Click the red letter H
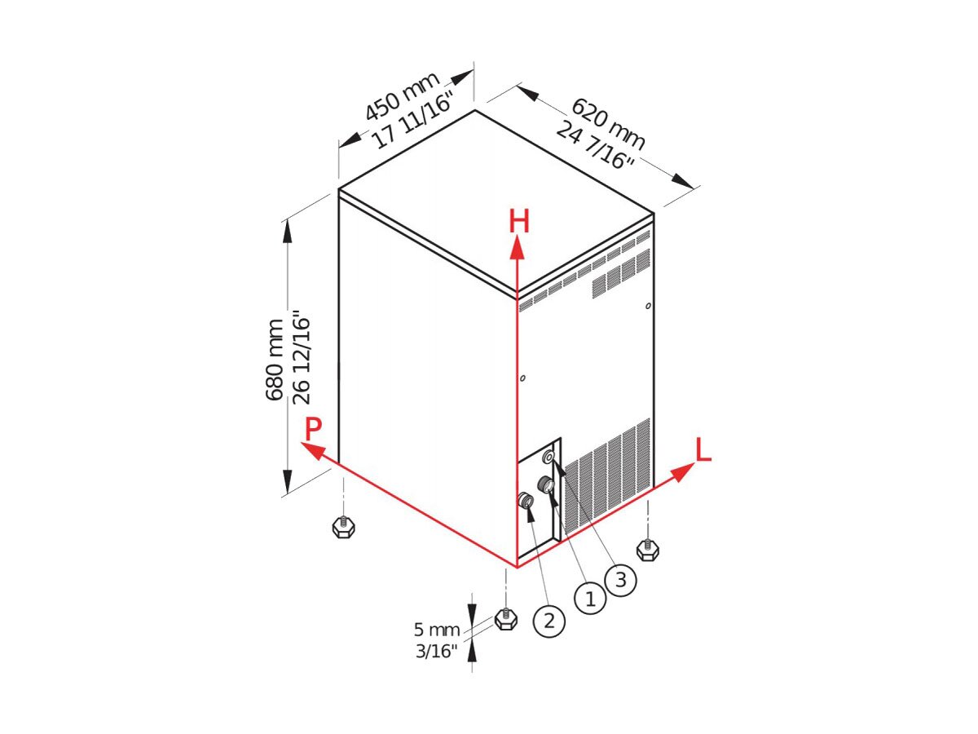pyautogui.click(x=519, y=221)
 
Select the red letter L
pyautogui.click(x=703, y=450)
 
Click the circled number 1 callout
pyautogui.click(x=590, y=599)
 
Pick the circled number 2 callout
pyautogui.click(x=549, y=621)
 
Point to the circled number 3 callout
pyautogui.click(x=621, y=580)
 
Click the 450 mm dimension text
pyautogui.click(x=402, y=96)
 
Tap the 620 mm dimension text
pyautogui.click(x=608, y=124)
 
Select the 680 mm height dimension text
pyautogui.click(x=275, y=360)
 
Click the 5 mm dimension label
pyautogui.click(x=436, y=630)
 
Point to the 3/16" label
pyautogui.click(x=437, y=652)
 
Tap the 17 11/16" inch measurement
pyautogui.click(x=412, y=121)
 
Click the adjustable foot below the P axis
pyautogui.click(x=343, y=526)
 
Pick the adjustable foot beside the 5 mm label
pyautogui.click(x=506, y=618)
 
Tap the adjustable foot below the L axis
pyautogui.click(x=647, y=549)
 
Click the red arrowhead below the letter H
pyautogui.click(x=517, y=247)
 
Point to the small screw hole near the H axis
pyautogui.click(x=522, y=378)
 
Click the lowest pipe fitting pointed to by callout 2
pyautogui.click(x=525, y=500)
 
